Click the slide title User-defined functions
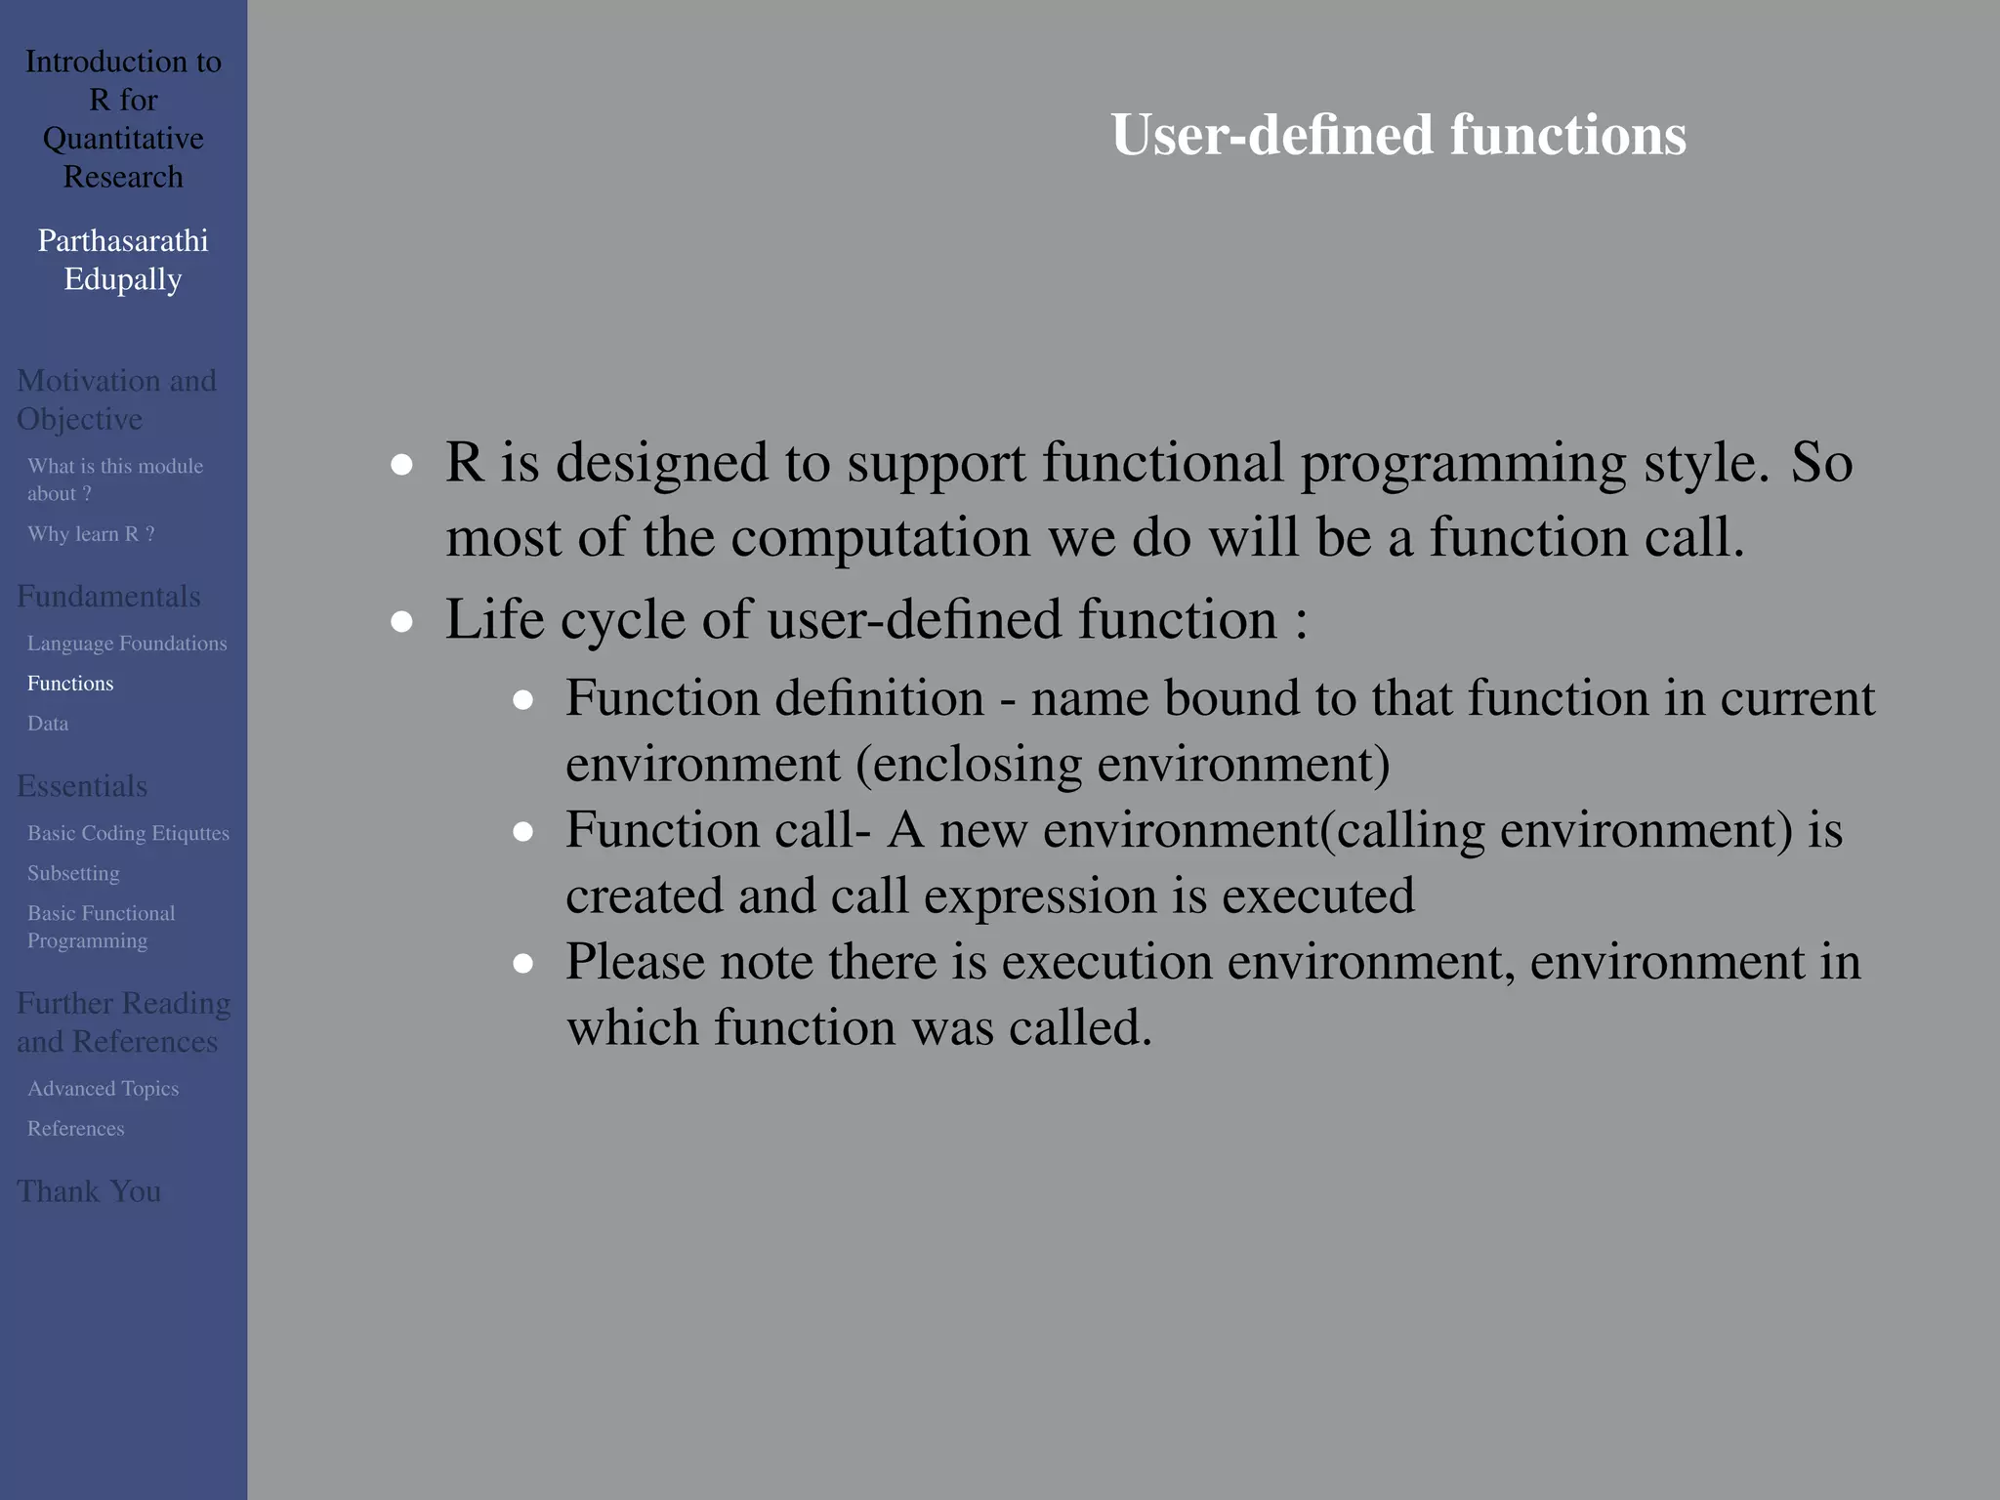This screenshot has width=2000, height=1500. click(1397, 135)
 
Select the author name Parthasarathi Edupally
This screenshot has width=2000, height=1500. click(123, 260)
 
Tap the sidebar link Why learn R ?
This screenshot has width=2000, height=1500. click(91, 534)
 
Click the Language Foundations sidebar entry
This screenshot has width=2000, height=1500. click(127, 644)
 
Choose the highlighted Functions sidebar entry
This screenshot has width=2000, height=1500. click(70, 684)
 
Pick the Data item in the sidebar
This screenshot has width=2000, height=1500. click(48, 724)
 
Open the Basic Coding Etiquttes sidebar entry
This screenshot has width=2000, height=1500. click(128, 833)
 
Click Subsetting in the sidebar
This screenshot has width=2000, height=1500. click(73, 873)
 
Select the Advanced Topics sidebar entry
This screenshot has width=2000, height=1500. click(103, 1089)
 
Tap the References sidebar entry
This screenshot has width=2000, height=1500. click(75, 1129)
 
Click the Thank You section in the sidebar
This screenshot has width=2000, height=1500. click(89, 1191)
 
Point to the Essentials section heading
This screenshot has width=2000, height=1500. click(82, 786)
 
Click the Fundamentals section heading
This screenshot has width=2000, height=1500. click(108, 597)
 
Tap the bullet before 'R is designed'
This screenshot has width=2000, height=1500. click(401, 465)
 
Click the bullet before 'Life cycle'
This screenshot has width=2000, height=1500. click(401, 621)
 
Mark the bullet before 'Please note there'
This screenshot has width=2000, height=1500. click(523, 964)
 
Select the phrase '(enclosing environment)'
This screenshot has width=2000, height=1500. click(1123, 764)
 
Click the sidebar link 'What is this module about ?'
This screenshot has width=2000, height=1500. click(114, 479)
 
